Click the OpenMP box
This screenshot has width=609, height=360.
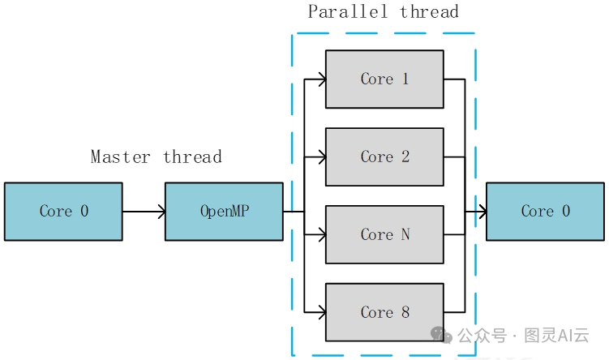pyautogui.click(x=224, y=212)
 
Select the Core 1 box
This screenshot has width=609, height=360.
pyautogui.click(x=384, y=79)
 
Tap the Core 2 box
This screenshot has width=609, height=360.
pyautogui.click(x=384, y=156)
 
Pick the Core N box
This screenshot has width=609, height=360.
pyautogui.click(x=384, y=234)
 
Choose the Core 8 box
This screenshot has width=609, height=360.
pyautogui.click(x=384, y=312)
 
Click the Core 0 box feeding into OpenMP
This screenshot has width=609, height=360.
pyautogui.click(x=63, y=212)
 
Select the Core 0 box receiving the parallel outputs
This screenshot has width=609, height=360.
pyautogui.click(x=545, y=212)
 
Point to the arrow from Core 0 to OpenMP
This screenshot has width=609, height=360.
pyautogui.click(x=144, y=212)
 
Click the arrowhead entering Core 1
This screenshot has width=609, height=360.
pyautogui.click(x=321, y=79)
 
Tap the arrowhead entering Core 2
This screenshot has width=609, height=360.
pyautogui.click(x=321, y=157)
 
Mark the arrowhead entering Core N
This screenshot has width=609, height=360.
pyautogui.click(x=321, y=235)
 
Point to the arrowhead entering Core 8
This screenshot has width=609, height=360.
pyautogui.click(x=321, y=311)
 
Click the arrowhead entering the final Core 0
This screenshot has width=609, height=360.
pyautogui.click(x=482, y=212)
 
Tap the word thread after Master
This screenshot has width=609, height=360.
pyautogui.click(x=192, y=156)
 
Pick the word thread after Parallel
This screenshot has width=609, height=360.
pyautogui.click(x=430, y=11)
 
